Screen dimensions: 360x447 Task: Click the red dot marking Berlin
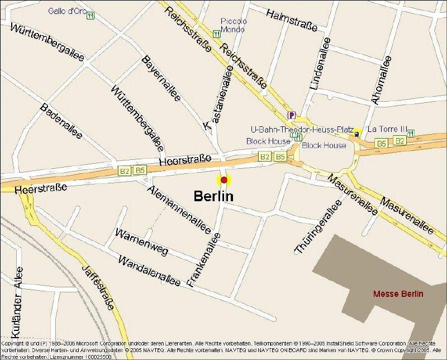[x=224, y=180]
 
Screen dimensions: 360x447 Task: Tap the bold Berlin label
[x=213, y=196]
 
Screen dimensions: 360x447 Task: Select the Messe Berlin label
[x=398, y=294]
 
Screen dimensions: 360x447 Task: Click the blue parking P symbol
[x=291, y=115]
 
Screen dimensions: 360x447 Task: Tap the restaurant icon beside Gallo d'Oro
[x=90, y=15]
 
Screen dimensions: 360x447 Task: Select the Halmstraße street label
[x=291, y=20]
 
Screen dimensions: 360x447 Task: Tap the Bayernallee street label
[x=161, y=78]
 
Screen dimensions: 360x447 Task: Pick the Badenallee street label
[x=61, y=121]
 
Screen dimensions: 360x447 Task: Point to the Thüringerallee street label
[x=317, y=228]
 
